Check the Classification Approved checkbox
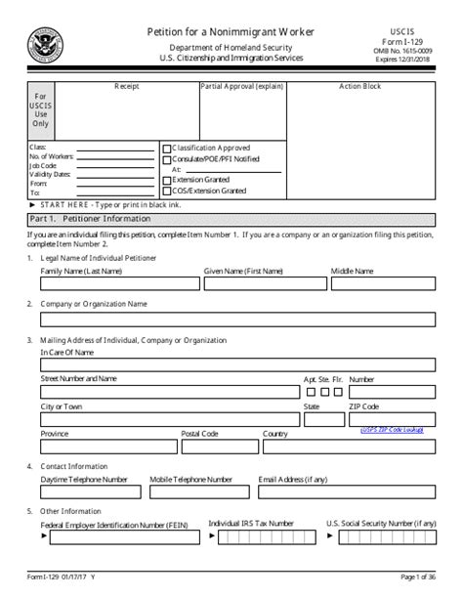pos(166,147)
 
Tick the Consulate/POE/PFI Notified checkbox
pos(166,158)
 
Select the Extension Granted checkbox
pos(166,181)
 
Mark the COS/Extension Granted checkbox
pos(166,192)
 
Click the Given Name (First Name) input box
pos(262,284)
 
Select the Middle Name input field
pos(383,284)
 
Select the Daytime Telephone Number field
pos(90,493)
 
